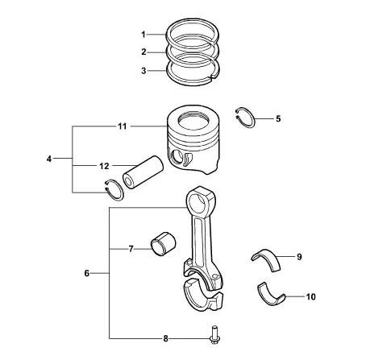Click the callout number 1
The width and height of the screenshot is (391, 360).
144,35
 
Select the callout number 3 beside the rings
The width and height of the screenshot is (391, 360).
144,71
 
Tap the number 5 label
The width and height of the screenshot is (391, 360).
278,118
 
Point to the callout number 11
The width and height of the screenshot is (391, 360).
123,126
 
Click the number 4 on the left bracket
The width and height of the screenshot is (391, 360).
48,159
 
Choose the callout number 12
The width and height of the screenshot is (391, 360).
104,166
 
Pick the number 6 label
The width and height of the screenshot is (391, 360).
86,273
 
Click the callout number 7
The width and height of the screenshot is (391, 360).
131,249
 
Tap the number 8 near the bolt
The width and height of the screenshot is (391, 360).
165,338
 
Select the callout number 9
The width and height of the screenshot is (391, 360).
299,257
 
